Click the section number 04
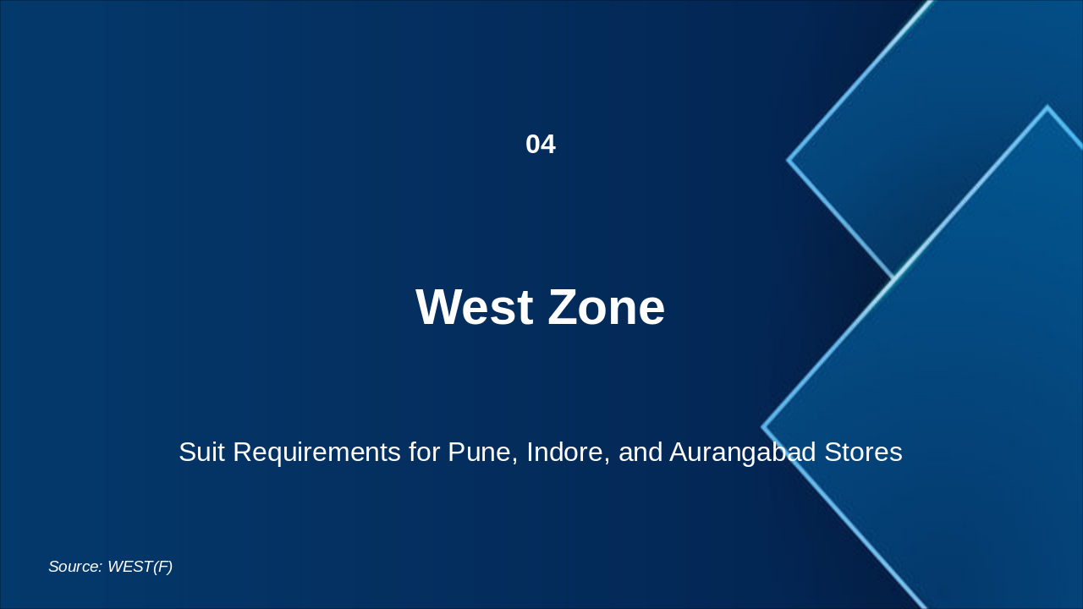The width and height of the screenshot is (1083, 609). pyautogui.click(x=541, y=145)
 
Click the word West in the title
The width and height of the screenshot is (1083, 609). pyautogui.click(x=475, y=307)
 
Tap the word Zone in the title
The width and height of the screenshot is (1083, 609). pyautogui.click(x=607, y=307)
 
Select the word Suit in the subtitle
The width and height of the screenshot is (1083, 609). pyautogui.click(x=202, y=453)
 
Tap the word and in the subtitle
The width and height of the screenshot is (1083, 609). pyautogui.click(x=640, y=453)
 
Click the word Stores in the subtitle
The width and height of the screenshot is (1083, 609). pyautogui.click(x=863, y=453)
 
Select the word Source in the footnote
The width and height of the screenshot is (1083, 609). pyautogui.click(x=74, y=567)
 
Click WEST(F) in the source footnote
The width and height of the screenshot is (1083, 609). pyautogui.click(x=140, y=567)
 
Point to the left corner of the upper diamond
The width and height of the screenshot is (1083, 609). pyautogui.click(x=789, y=159)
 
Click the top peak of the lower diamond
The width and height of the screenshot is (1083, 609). pyautogui.click(x=1047, y=107)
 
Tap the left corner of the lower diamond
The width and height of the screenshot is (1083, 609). pyautogui.click(x=763, y=427)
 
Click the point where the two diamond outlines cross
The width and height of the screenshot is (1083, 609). pyautogui.click(x=894, y=278)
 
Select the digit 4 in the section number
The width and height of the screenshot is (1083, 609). pyautogui.click(x=548, y=145)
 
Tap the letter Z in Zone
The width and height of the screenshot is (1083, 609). pyautogui.click(x=563, y=307)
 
